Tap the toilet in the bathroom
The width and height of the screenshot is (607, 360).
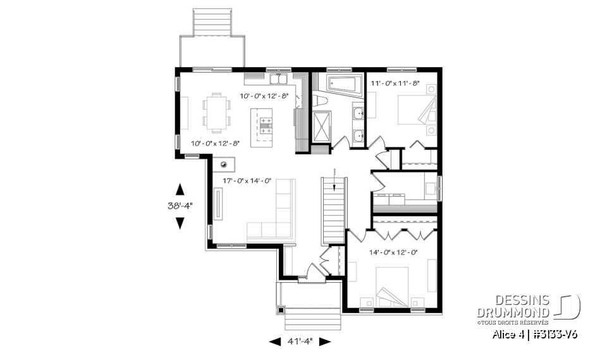(321, 102)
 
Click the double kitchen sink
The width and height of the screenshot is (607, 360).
(279, 79)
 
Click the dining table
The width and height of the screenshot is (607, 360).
(217, 112)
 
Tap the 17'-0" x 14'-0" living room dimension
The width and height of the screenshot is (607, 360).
(247, 181)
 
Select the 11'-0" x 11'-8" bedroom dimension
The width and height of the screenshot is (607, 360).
(395, 83)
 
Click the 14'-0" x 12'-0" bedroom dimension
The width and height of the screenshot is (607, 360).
(393, 252)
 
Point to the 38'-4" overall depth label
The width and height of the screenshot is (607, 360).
(180, 205)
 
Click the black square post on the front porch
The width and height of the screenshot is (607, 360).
(281, 311)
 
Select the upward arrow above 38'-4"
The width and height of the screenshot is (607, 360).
(180, 189)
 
